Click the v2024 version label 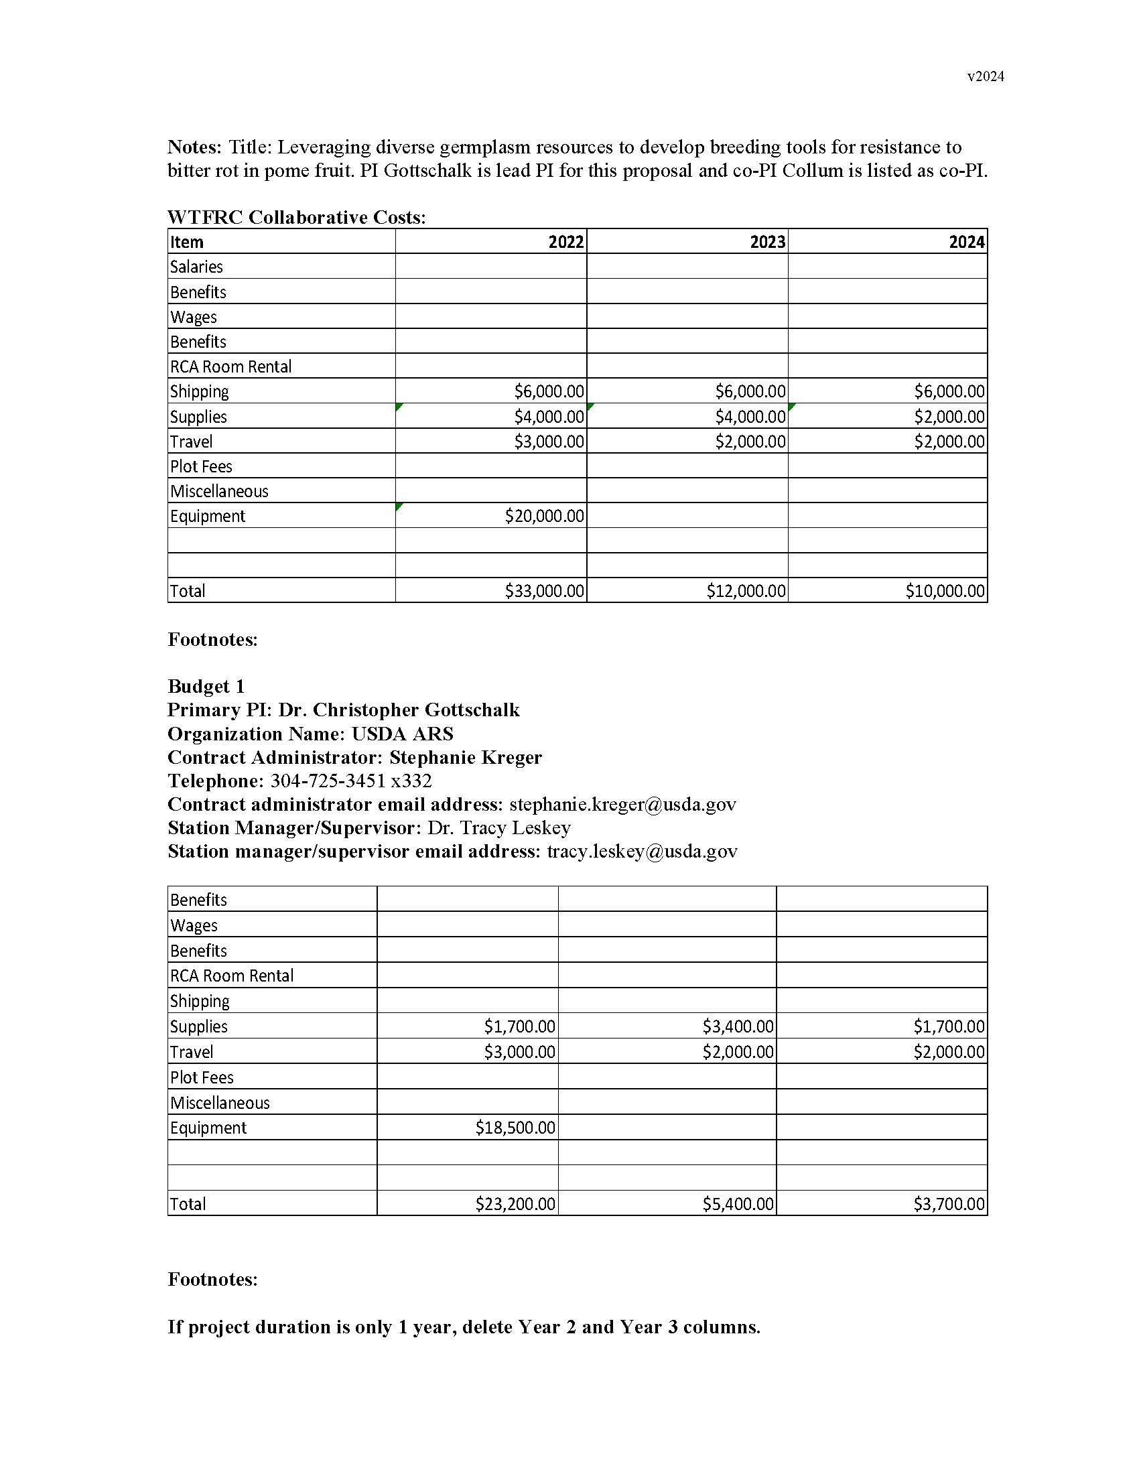click(x=985, y=76)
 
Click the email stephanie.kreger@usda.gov click(x=622, y=805)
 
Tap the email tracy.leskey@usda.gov click(x=642, y=852)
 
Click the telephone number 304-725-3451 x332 click(x=351, y=781)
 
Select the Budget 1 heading click(x=206, y=686)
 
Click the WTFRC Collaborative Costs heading click(x=296, y=217)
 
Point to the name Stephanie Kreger click(x=466, y=757)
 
